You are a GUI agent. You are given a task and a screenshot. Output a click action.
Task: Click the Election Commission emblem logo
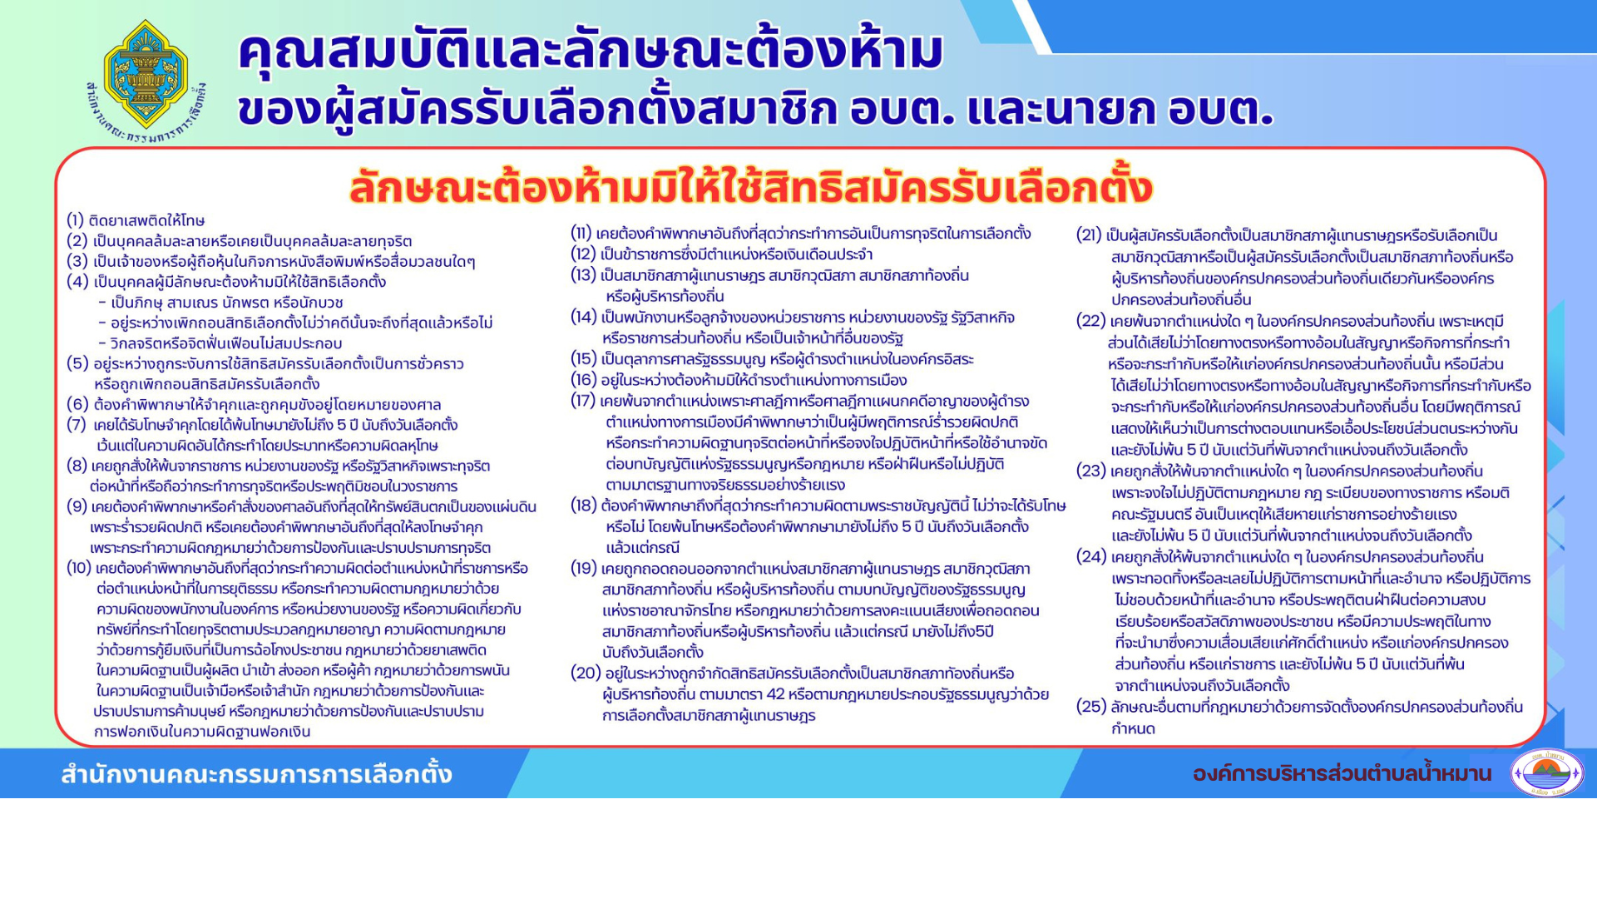146,80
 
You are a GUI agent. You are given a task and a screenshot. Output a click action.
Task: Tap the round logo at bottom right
1547,773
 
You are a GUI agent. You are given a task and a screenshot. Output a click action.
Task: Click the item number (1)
76,220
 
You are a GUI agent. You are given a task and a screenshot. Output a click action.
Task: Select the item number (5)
77,363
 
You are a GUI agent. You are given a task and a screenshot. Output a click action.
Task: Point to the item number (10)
79,568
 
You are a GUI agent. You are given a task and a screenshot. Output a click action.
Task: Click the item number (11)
581,233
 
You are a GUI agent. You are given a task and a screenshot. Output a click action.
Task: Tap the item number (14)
584,317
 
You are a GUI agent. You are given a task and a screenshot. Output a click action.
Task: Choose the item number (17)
583,401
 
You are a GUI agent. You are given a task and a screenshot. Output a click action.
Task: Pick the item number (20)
586,673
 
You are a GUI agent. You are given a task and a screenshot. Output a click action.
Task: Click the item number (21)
1090,235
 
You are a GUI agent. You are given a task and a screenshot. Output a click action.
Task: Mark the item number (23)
1091,471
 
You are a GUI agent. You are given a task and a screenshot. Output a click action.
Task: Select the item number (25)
1091,707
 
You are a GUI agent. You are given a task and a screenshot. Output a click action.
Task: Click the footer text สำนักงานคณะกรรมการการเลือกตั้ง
256,774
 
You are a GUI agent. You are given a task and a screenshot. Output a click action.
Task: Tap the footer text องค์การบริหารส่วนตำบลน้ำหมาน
1342,774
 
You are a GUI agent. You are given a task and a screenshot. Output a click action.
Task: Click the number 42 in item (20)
775,694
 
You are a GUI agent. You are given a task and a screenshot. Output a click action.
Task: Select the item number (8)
77,466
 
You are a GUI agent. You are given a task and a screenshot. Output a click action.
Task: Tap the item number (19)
584,569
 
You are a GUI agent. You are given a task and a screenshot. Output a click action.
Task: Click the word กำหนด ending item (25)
1134,729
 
